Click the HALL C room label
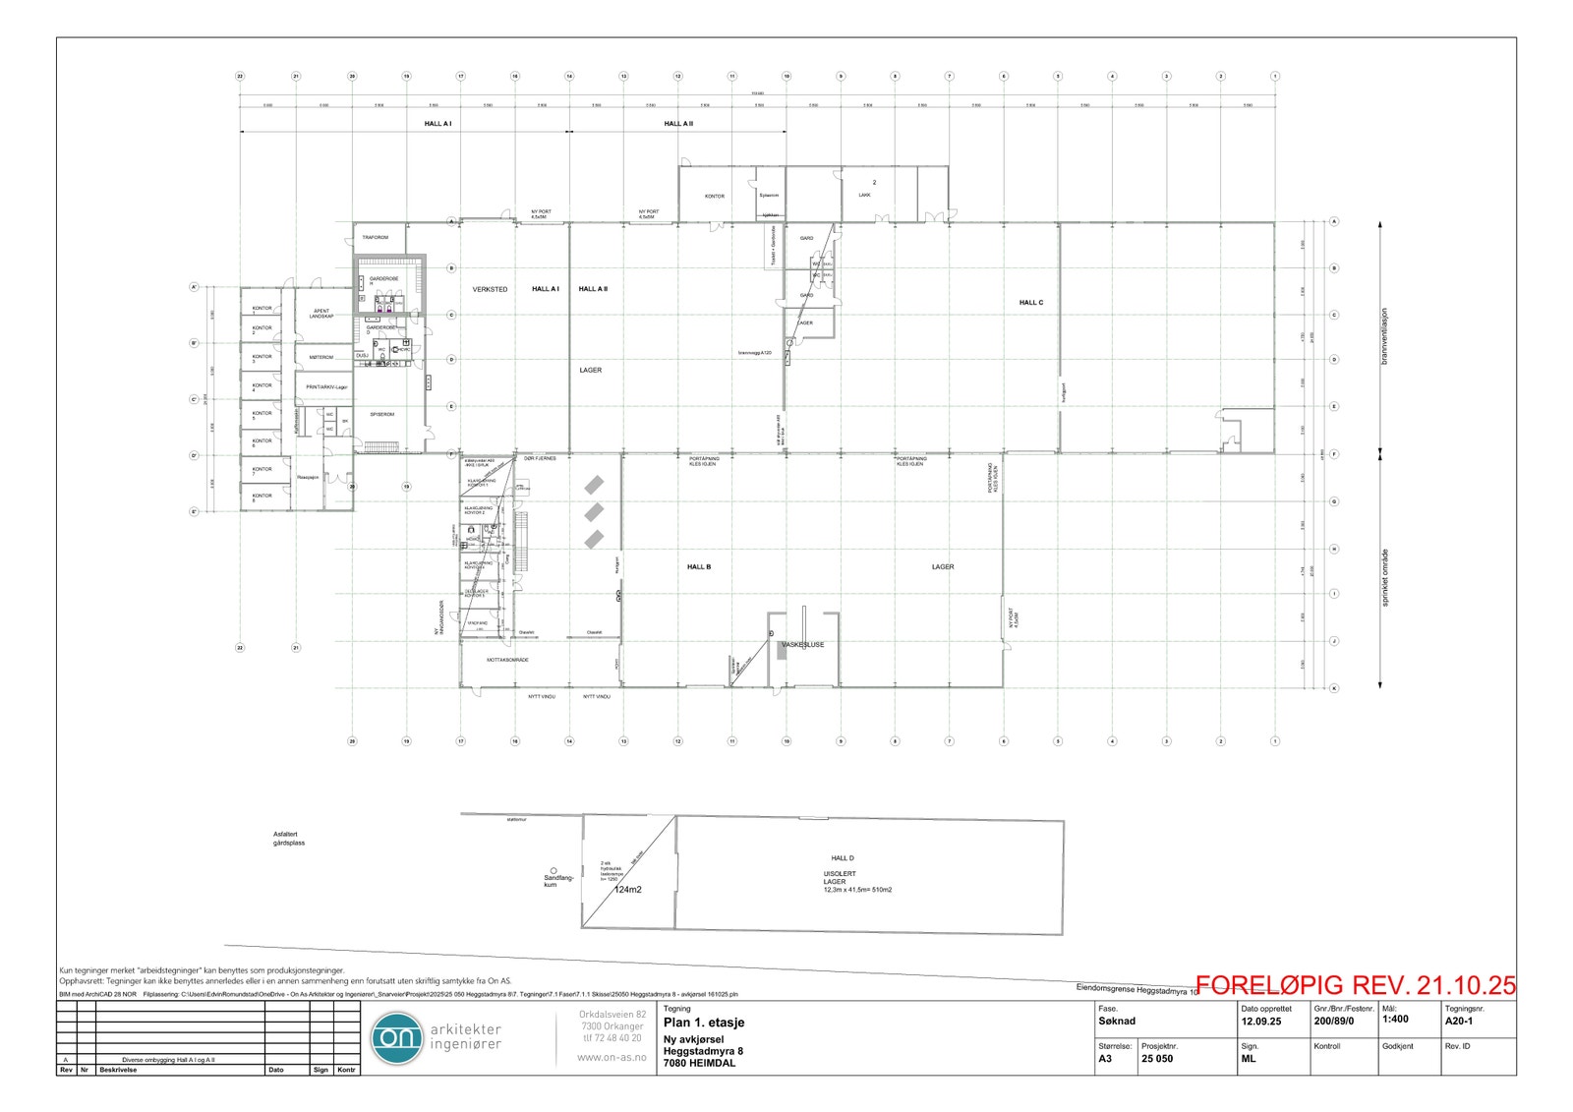click(x=1031, y=303)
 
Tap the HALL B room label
click(x=699, y=567)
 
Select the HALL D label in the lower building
click(x=843, y=858)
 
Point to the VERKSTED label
click(x=490, y=289)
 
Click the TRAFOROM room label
click(x=376, y=238)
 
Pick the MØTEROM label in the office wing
click(x=321, y=357)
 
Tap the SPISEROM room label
click(x=381, y=415)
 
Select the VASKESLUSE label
click(x=802, y=645)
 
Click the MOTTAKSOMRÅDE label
click(x=507, y=660)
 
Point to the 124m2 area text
click(x=627, y=890)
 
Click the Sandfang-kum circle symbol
click(x=553, y=871)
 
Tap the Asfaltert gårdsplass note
click(x=289, y=839)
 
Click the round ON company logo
click(x=396, y=1037)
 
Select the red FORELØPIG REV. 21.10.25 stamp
click(x=1356, y=985)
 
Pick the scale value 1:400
click(x=1395, y=1020)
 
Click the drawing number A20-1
click(x=1459, y=1021)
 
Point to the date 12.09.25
click(x=1260, y=1022)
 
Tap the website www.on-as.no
click(x=612, y=1057)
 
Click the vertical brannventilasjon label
click(x=1384, y=337)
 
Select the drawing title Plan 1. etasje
click(x=704, y=1023)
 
